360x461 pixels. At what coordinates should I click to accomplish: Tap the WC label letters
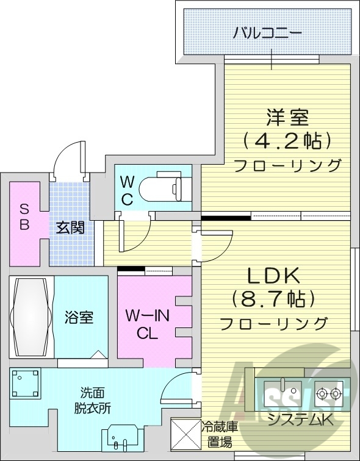click(x=126, y=190)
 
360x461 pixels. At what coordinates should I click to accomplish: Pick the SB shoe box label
click(x=24, y=216)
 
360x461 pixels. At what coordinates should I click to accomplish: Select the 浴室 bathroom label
click(x=79, y=318)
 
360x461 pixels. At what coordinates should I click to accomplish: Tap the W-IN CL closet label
click(x=146, y=324)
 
